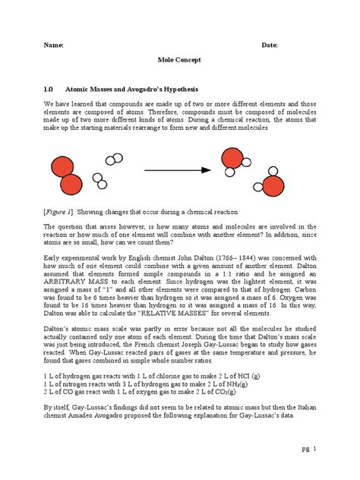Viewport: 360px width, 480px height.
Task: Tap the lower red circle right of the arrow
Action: coord(272,186)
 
